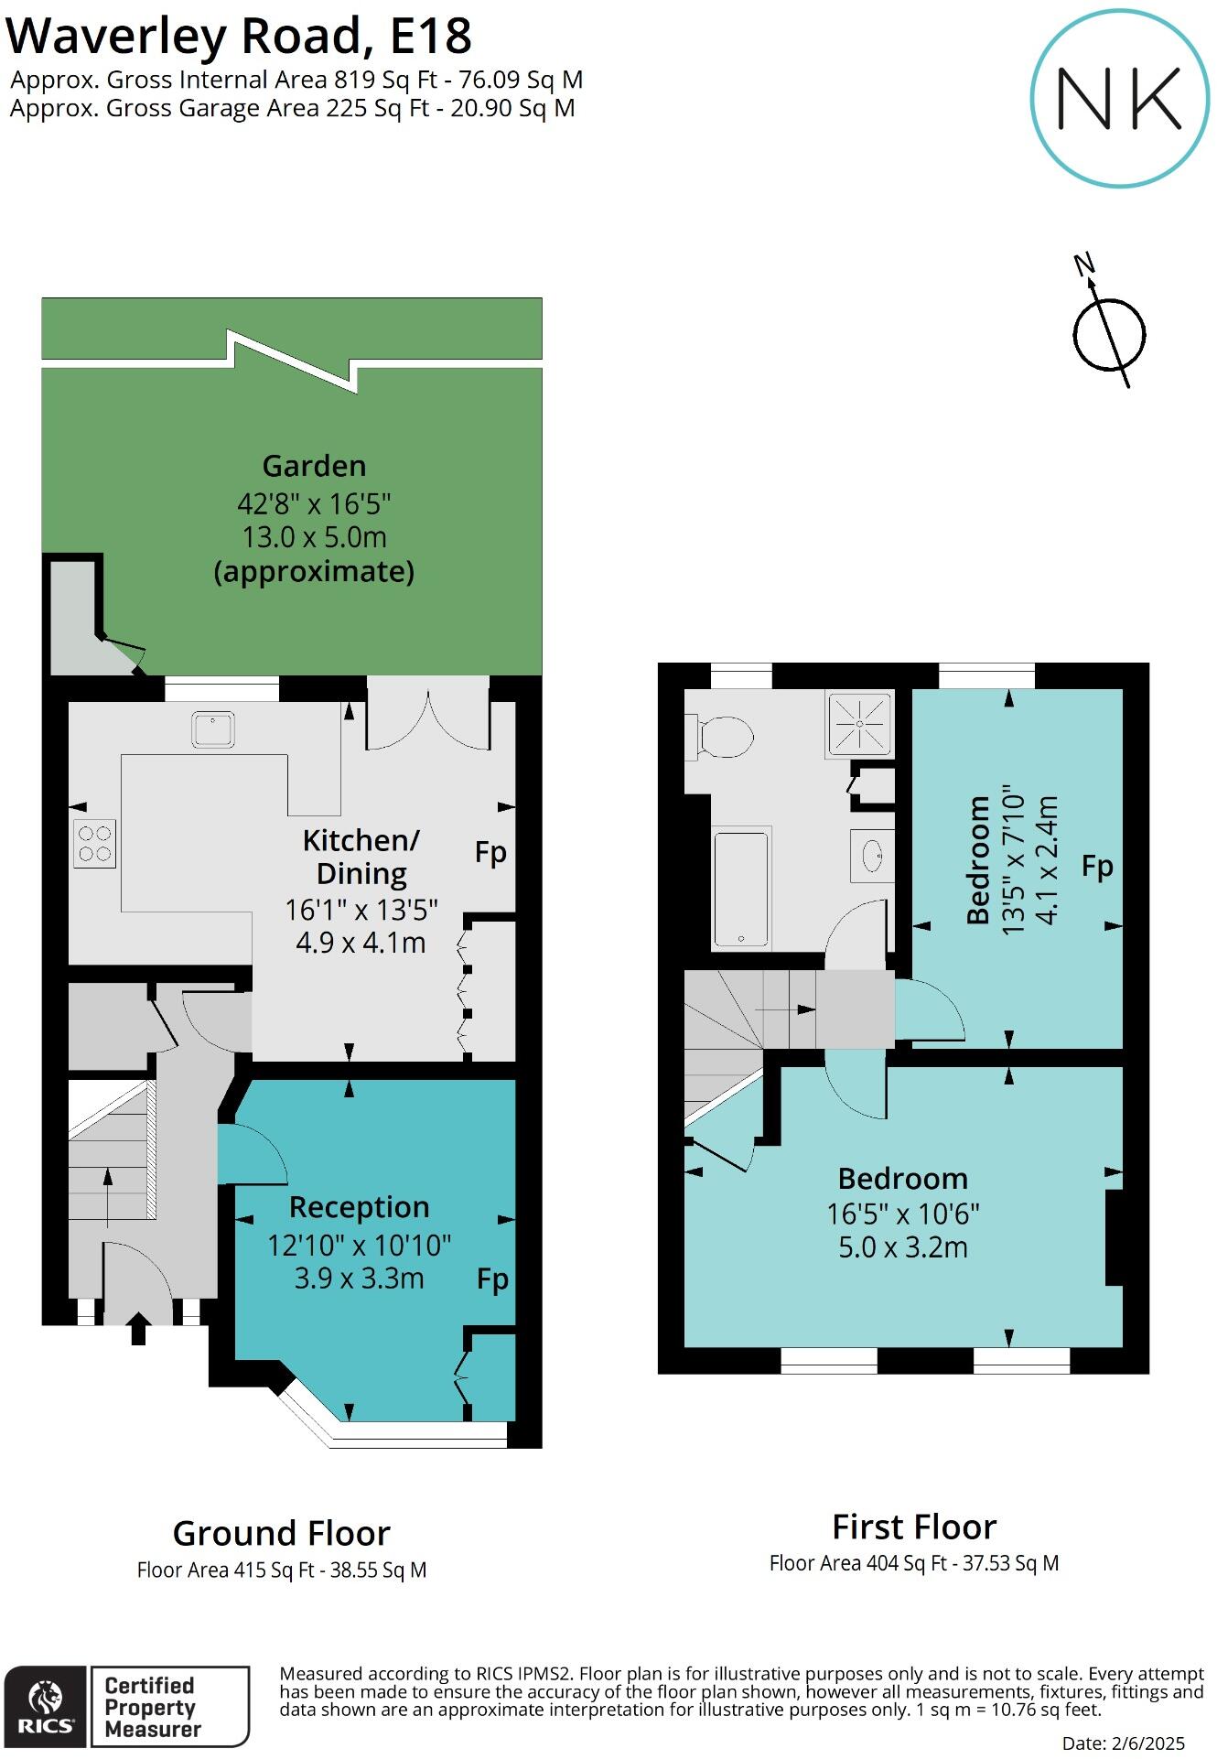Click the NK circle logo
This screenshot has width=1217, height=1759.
tap(1120, 99)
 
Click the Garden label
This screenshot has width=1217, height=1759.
tap(314, 466)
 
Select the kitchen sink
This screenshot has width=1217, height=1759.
tap(213, 729)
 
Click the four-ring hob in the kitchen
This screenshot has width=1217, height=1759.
tap(94, 843)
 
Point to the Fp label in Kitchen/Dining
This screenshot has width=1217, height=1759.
tap(490, 853)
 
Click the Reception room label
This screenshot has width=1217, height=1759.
tap(359, 1207)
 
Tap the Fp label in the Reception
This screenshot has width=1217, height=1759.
tap(492, 1279)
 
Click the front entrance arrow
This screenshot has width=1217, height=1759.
tap(138, 1328)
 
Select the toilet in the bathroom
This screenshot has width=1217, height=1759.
tap(723, 737)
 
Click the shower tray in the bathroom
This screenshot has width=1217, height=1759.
tap(859, 723)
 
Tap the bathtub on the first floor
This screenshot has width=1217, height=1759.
tap(741, 889)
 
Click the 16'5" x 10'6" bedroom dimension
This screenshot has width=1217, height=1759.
tap(902, 1214)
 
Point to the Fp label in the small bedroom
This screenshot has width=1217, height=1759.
tap(1096, 866)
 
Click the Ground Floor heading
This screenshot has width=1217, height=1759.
tap(281, 1533)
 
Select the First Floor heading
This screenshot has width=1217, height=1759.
tap(913, 1527)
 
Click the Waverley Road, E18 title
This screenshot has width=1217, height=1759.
tap(239, 37)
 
